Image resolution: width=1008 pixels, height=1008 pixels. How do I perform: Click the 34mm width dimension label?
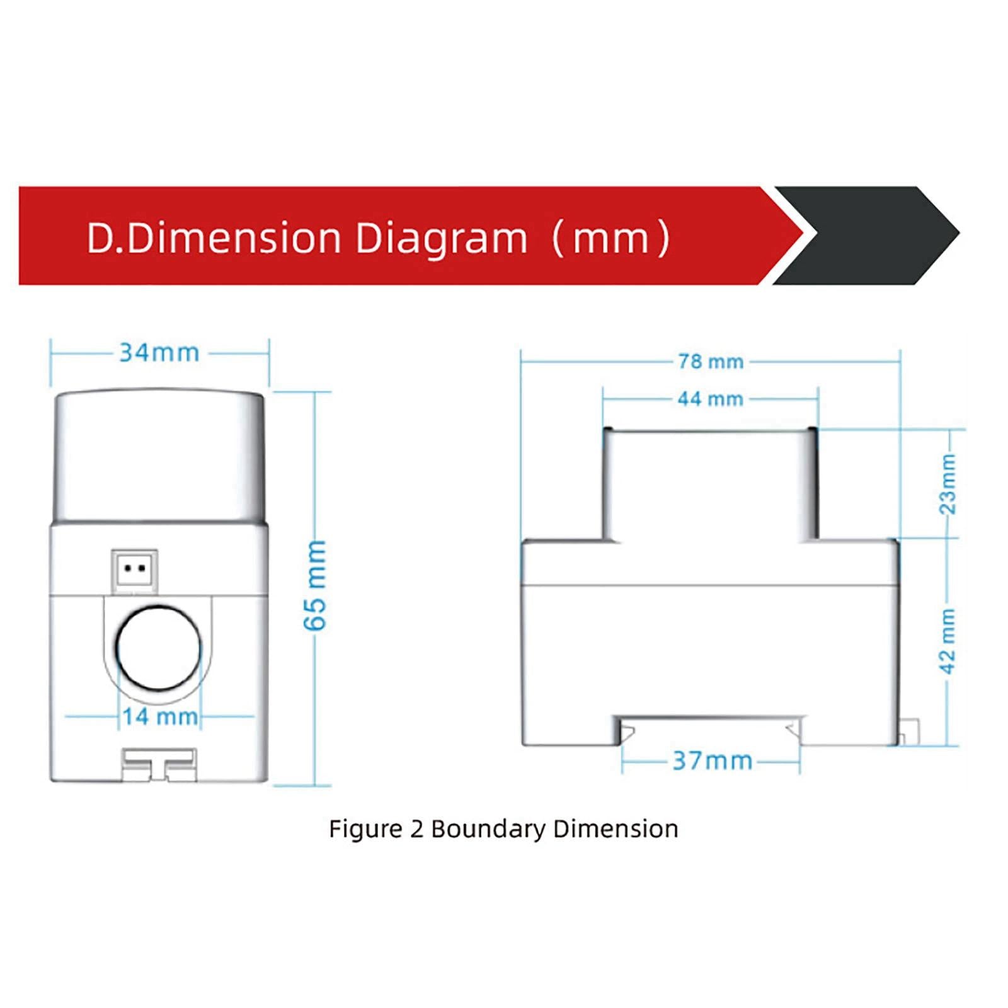159,353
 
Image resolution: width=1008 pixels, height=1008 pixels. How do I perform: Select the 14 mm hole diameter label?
160,716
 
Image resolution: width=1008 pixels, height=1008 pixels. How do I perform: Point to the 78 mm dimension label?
711,362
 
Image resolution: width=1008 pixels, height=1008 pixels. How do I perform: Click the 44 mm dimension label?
711,399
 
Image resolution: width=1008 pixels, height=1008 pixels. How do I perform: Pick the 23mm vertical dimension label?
948,483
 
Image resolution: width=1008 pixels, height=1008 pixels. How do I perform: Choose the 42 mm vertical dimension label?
948,641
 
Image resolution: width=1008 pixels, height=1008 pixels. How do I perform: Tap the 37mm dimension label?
713,761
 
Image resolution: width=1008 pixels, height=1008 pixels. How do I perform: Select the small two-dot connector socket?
134,571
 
